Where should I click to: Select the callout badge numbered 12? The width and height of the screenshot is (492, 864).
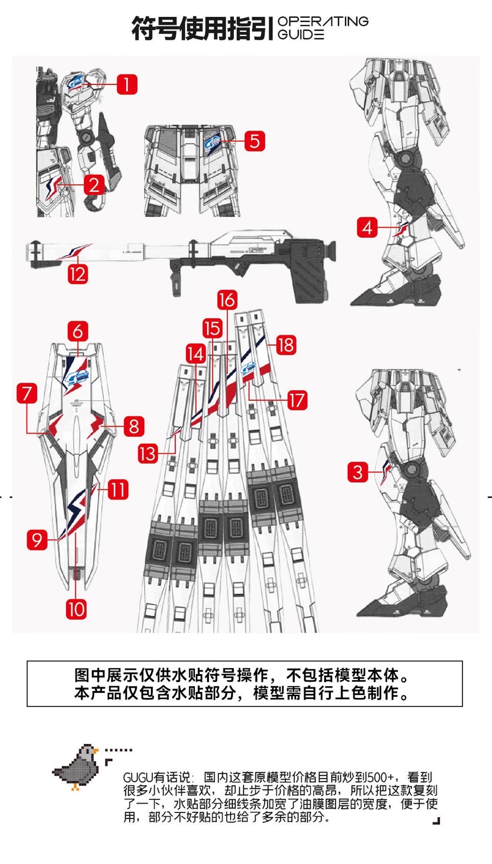pos(78,274)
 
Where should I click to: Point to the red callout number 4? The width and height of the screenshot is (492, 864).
pos(368,227)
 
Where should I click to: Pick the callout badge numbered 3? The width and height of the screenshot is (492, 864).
pos(357,472)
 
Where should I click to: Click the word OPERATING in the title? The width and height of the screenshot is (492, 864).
pos(323,21)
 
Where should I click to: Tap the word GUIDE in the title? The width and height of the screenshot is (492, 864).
pos(301,34)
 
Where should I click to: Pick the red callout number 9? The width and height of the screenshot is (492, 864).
pos(37,539)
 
